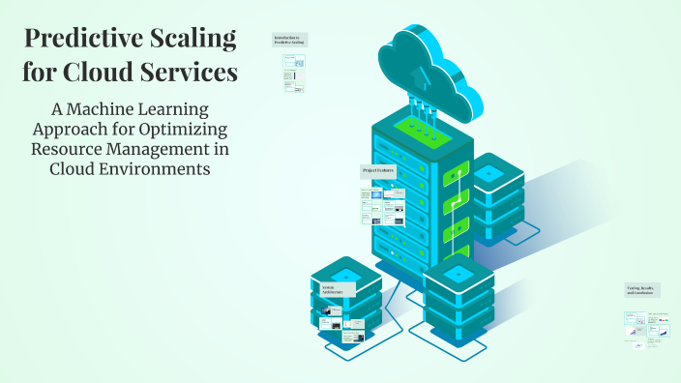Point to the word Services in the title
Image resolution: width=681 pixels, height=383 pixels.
click(190, 72)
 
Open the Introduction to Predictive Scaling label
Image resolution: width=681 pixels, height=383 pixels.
click(289, 40)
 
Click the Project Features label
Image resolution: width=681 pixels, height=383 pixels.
click(378, 170)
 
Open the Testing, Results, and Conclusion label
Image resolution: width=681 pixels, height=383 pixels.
click(643, 290)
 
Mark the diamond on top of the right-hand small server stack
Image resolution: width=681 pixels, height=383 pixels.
click(489, 173)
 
